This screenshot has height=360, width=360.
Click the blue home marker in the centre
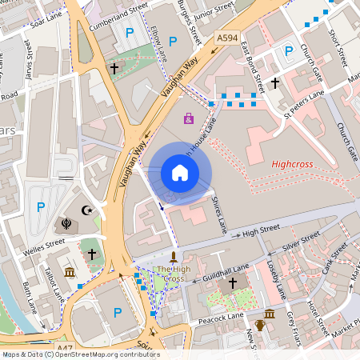coord(179,173)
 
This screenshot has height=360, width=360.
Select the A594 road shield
coord(227,37)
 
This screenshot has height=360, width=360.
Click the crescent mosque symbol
coord(88,210)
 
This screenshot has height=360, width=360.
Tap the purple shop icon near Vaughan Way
coord(188,118)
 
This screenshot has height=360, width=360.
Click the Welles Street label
coord(45,244)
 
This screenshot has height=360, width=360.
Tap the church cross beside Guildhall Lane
coord(233,283)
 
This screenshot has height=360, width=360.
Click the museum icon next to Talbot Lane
coord(70,273)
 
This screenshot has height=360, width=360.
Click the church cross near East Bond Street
coord(274,82)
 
